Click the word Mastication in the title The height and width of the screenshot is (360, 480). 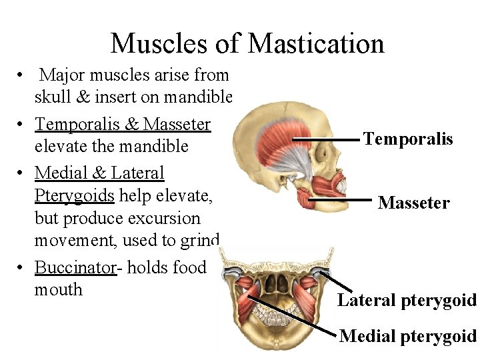[316, 43]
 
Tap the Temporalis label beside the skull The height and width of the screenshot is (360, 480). [408, 139]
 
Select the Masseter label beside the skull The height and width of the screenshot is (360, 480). [413, 203]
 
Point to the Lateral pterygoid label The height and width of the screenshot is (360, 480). [407, 300]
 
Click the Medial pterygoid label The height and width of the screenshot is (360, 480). [408, 336]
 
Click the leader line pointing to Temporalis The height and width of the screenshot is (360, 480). [326, 139]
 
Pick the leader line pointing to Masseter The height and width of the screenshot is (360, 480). [340, 199]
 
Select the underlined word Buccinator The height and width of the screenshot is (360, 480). [75, 267]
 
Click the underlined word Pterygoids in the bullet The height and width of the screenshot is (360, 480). [74, 195]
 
